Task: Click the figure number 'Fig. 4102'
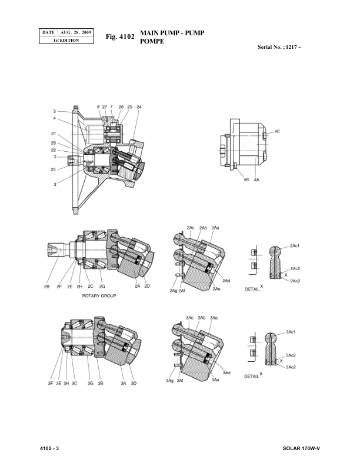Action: click(120, 36)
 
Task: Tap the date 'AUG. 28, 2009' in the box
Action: click(75, 32)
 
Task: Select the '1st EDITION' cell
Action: click(66, 40)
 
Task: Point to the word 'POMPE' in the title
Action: click(152, 41)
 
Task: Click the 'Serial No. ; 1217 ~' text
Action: click(279, 47)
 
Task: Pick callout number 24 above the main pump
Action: click(139, 106)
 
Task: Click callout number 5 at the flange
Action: click(55, 111)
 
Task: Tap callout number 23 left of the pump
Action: click(53, 169)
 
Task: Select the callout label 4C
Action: click(277, 131)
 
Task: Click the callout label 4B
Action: click(246, 180)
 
